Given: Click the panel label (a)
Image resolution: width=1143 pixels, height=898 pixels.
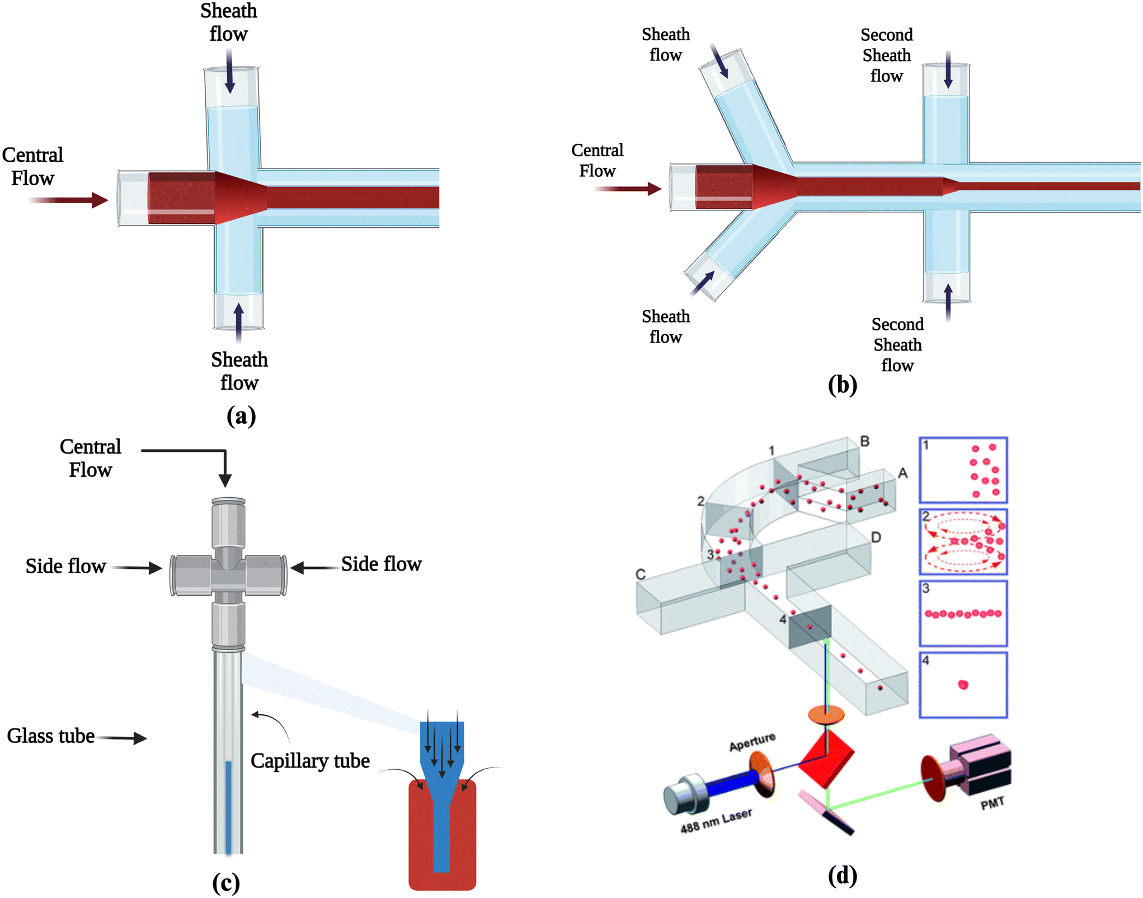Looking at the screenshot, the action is [x=241, y=417].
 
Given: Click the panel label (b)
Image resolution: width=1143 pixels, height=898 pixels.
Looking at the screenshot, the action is [x=842, y=385].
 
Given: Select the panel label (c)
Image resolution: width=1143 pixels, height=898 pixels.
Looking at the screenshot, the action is [x=226, y=883].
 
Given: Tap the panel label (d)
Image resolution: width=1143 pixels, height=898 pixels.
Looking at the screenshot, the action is [x=842, y=876].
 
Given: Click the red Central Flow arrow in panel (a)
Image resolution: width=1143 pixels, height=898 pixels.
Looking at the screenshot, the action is [x=68, y=200].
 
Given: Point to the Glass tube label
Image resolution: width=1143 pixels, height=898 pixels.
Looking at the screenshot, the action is [x=51, y=736].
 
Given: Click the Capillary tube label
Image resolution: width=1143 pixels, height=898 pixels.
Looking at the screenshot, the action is [x=310, y=761].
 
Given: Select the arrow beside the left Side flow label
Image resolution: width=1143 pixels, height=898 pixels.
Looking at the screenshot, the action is [x=137, y=568].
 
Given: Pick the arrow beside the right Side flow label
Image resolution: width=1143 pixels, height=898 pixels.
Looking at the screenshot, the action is [x=315, y=568].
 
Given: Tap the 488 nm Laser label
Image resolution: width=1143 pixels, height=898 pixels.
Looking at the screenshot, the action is [x=716, y=820].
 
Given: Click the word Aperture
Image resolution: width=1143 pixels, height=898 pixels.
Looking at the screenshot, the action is [x=752, y=741].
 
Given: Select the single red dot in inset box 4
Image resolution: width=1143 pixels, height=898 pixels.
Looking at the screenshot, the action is [x=963, y=684].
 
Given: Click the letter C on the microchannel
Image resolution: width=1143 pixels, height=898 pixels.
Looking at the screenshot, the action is [x=641, y=574].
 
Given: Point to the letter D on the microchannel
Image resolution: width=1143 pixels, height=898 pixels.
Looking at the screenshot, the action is [x=876, y=537].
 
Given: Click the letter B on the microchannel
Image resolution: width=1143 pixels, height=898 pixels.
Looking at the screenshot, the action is [x=865, y=441].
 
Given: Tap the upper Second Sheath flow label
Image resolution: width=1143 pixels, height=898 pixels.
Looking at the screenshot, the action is [x=887, y=55].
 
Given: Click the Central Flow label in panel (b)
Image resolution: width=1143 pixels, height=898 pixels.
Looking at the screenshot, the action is [x=597, y=160].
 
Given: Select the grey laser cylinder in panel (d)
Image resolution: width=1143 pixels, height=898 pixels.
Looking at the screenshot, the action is [x=684, y=793].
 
